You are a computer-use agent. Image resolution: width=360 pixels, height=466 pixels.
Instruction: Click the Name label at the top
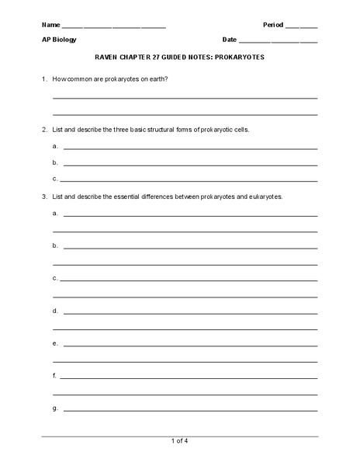click(50, 25)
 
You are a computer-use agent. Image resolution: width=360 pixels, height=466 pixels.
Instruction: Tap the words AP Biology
click(59, 40)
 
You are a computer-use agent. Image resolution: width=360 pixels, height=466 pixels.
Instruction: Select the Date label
click(230, 40)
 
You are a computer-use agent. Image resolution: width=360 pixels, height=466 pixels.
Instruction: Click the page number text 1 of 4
click(179, 442)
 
